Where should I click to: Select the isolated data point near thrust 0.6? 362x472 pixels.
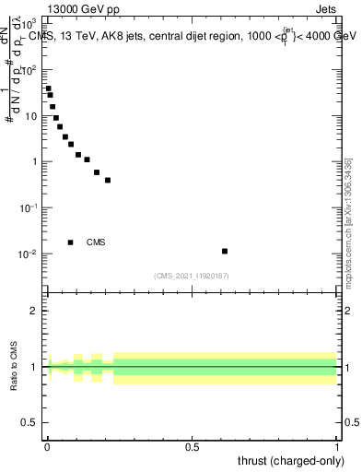coord(225,251)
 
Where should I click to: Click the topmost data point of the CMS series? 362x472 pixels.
coord(48,88)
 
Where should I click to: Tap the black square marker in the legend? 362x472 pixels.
coord(71,242)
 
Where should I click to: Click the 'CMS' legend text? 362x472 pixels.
coord(96,242)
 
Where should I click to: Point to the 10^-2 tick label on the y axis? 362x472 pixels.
coord(29,254)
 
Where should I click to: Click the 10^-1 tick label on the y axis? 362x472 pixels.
coord(29,207)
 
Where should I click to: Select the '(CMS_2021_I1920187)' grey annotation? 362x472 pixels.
coord(192,275)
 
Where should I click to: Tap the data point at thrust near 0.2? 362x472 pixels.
coord(108,180)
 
